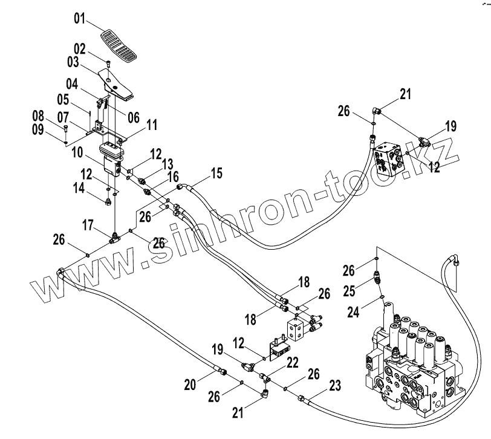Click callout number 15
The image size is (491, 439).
point(216,175)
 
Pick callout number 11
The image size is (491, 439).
point(151,125)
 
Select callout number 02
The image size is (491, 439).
point(81,49)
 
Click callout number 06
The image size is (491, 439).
point(133,117)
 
